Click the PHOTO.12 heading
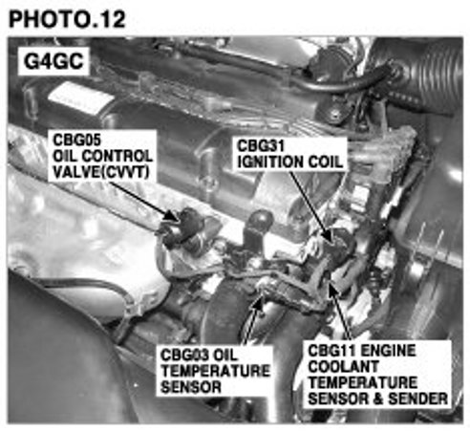(67, 19)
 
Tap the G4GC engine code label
(53, 61)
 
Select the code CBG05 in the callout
(76, 140)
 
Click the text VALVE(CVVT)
(100, 172)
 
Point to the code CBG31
(261, 146)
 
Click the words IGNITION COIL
(290, 162)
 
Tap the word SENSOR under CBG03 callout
(191, 387)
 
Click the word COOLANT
(343, 367)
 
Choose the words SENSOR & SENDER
(378, 399)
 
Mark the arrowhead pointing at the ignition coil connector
(328, 236)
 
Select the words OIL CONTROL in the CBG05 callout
(102, 156)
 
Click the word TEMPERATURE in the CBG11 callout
(363, 382)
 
